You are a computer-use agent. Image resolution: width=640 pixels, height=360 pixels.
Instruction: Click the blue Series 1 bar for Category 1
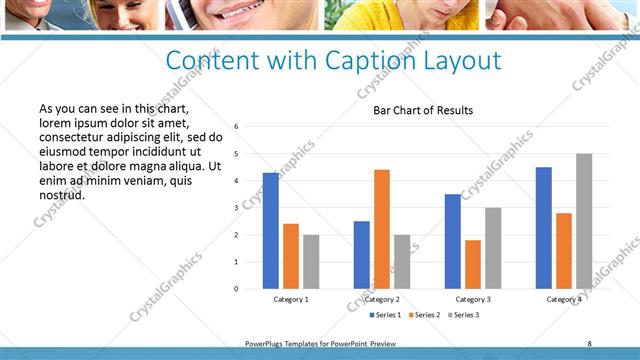point(271,231)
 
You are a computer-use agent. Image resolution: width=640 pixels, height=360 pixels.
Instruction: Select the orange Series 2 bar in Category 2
point(382,229)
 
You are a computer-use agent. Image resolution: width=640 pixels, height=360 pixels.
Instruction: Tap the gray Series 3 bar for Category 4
point(584,221)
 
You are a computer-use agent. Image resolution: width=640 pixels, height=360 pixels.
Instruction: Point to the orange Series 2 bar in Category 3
point(473,264)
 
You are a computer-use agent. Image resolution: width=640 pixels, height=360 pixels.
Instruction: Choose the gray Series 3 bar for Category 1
point(311,262)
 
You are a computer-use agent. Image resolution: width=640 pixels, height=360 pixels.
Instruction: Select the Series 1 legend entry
point(387,315)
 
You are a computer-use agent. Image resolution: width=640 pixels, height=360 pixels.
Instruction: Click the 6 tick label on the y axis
point(236,127)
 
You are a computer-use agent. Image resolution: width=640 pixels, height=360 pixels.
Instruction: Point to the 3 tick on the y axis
point(236,208)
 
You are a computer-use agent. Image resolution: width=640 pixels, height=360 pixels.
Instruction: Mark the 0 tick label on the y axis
point(236,289)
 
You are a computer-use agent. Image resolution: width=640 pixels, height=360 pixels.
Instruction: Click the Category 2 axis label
point(382,299)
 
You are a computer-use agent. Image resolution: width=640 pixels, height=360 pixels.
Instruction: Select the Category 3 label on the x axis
point(473,299)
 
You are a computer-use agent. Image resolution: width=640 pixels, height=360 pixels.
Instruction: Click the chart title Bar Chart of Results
point(423,110)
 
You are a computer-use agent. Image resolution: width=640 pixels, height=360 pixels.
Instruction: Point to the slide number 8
point(589,343)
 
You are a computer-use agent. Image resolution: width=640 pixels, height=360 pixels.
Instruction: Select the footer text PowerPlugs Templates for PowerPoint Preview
point(320,343)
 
